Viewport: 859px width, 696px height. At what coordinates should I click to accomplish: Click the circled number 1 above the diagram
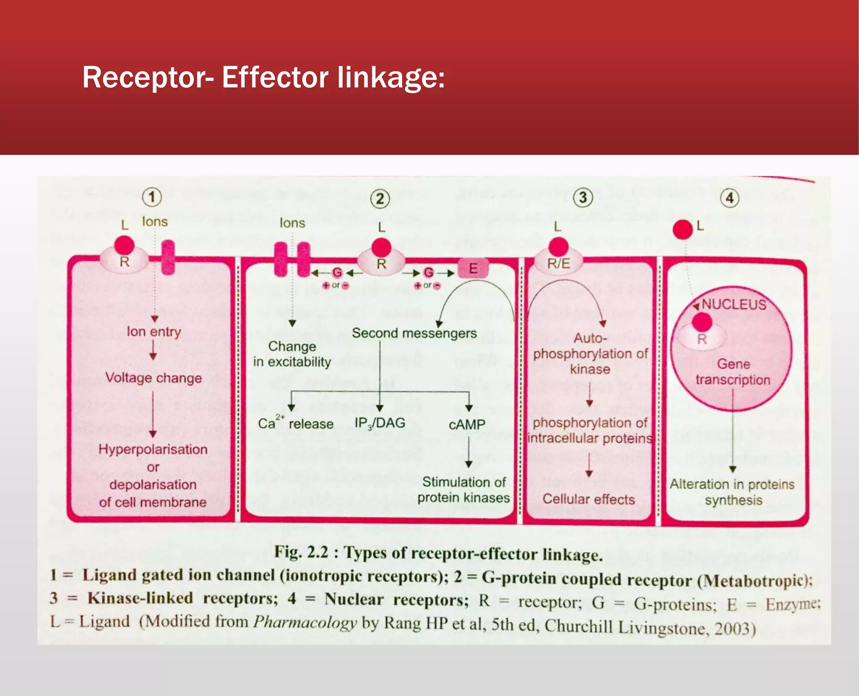[152, 197]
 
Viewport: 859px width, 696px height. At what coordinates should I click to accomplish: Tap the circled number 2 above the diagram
[380, 198]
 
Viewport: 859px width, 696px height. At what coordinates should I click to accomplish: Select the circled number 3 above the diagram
[583, 198]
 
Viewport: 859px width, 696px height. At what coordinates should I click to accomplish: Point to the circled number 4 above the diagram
[729, 198]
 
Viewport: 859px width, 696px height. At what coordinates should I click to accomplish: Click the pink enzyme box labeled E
[473, 268]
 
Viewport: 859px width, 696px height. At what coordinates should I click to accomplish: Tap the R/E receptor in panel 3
[558, 263]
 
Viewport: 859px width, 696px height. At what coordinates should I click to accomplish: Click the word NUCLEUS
[734, 304]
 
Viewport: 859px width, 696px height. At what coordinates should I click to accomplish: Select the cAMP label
[467, 425]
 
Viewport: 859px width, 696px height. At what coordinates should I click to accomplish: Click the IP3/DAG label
[380, 423]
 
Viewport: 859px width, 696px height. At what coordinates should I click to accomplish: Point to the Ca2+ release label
[296, 423]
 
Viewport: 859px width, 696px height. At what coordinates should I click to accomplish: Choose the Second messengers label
[414, 333]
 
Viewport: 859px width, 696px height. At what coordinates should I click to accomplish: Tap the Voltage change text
[154, 378]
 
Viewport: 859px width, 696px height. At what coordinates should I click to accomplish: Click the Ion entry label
[154, 331]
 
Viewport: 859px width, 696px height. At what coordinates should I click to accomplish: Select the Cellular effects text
[588, 499]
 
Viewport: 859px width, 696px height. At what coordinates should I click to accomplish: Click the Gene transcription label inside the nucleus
[733, 372]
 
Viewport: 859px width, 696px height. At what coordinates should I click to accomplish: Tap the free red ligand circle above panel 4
[682, 229]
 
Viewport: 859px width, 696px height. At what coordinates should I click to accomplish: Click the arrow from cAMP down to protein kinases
[469, 452]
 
